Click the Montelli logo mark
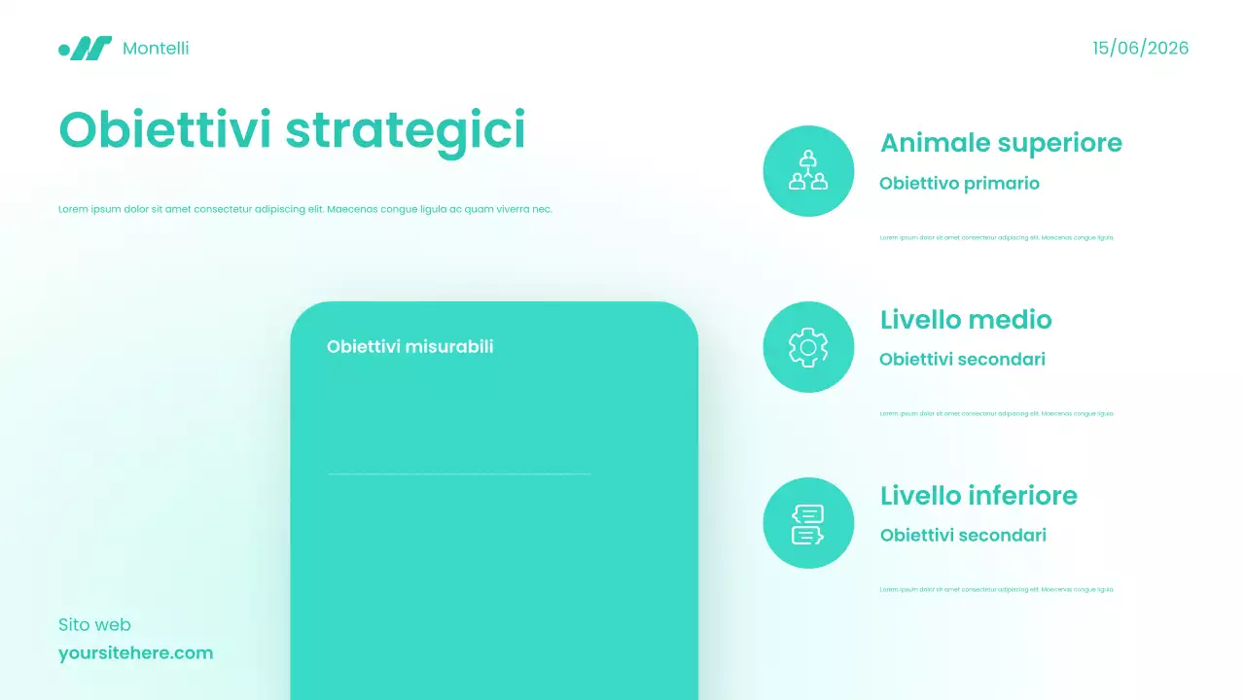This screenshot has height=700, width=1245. click(x=85, y=48)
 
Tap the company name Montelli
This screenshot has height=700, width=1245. click(x=156, y=48)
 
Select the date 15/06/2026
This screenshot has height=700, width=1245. click(x=1140, y=48)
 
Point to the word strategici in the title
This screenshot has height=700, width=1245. click(x=406, y=131)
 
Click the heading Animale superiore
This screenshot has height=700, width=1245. click(x=1001, y=143)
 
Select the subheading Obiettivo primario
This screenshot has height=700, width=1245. click(x=959, y=183)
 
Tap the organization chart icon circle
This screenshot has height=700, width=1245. click(x=808, y=170)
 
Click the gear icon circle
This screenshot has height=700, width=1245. click(x=808, y=347)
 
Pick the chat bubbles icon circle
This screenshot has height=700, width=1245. click(x=808, y=523)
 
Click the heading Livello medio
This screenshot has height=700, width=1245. click(x=966, y=319)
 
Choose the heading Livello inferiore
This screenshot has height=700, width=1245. click(x=978, y=495)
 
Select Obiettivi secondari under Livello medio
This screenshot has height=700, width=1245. click(x=962, y=359)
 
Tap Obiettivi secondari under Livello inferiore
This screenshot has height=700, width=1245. click(x=963, y=535)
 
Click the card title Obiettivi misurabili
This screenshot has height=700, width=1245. click(x=409, y=346)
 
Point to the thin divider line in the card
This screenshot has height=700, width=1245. click(x=459, y=474)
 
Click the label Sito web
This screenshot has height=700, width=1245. click(x=94, y=624)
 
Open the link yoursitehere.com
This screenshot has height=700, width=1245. click(x=135, y=652)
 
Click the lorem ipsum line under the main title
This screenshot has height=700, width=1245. click(x=304, y=209)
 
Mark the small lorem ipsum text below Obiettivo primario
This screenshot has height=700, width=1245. click(x=996, y=237)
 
